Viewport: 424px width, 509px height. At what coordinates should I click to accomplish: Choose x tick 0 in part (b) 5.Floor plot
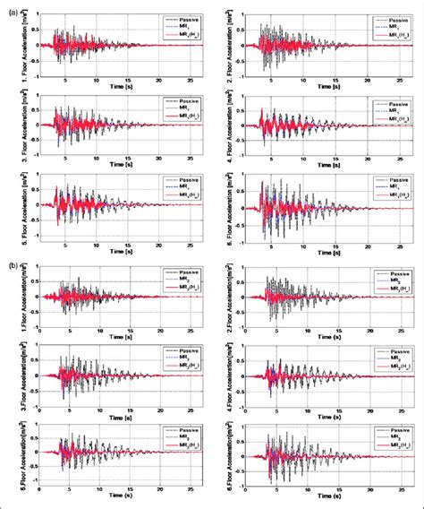(40, 490)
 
